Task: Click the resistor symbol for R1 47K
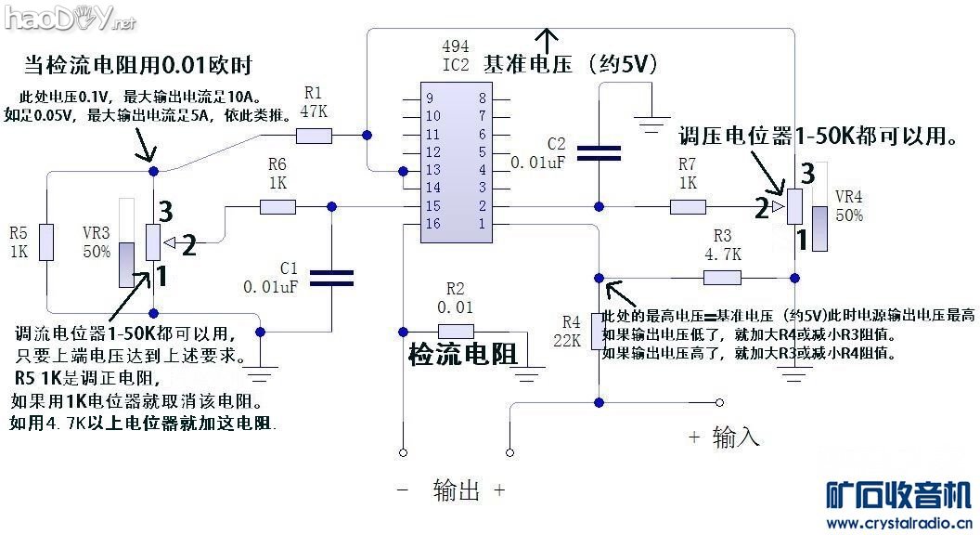pyautogui.click(x=314, y=136)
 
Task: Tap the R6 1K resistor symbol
pyautogui.click(x=277, y=207)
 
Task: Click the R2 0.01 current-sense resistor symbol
pyautogui.click(x=456, y=331)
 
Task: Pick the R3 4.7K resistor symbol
pyautogui.click(x=722, y=277)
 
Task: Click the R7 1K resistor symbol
pyautogui.click(x=688, y=206)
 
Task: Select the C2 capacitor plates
pyautogui.click(x=599, y=152)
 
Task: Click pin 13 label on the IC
pyautogui.click(x=432, y=170)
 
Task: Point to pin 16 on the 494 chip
pyautogui.click(x=432, y=224)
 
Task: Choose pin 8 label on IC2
pyautogui.click(x=483, y=98)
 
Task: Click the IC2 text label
pyautogui.click(x=456, y=64)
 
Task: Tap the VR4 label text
pyautogui.click(x=849, y=197)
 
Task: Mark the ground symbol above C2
pyautogui.click(x=652, y=119)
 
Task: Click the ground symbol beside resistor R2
pyautogui.click(x=530, y=376)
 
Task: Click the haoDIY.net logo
pyautogui.click(x=69, y=16)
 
